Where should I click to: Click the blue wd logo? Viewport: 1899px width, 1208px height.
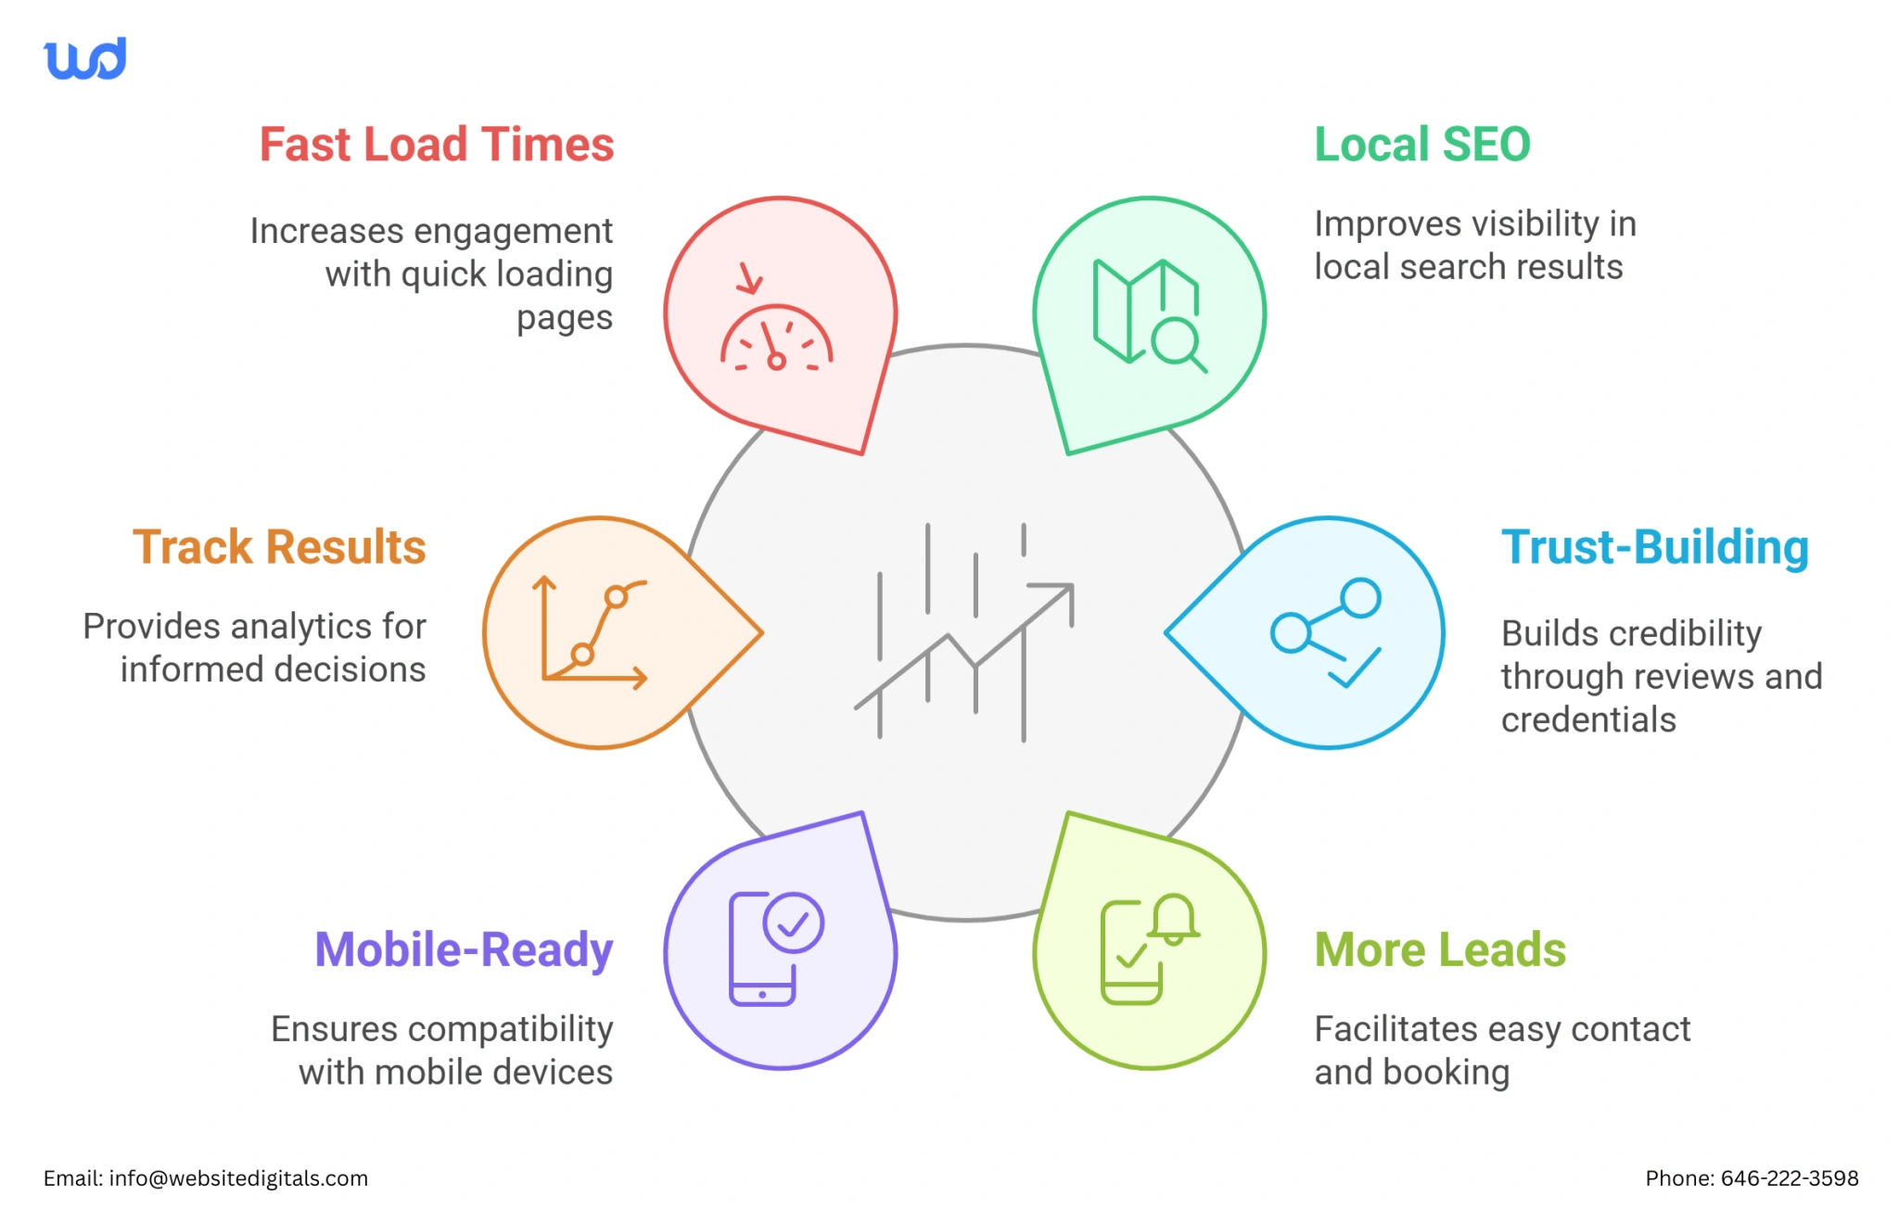coord(84,59)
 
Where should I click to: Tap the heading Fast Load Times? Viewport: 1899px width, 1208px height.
coord(436,145)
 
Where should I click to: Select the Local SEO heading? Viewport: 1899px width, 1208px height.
coord(1421,145)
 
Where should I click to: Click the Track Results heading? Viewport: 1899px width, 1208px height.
coord(279,547)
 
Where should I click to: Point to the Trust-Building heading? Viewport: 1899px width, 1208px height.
coord(1654,547)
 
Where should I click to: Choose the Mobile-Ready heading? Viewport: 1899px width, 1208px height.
coord(464,949)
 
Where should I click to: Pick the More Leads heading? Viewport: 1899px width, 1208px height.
coord(1440,949)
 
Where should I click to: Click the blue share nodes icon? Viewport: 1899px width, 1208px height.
coord(1326,633)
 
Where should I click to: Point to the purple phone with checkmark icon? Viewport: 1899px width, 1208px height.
coord(775,948)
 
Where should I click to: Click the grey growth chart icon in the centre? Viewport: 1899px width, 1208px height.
coord(964,632)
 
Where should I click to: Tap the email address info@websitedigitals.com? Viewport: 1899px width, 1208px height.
coord(238,1178)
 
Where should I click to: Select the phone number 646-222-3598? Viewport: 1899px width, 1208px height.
coord(1790,1178)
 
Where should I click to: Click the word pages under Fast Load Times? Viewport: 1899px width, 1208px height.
coord(564,318)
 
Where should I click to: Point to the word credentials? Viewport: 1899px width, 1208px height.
coord(1588,719)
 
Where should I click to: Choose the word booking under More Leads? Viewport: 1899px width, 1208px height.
coord(1446,1073)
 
